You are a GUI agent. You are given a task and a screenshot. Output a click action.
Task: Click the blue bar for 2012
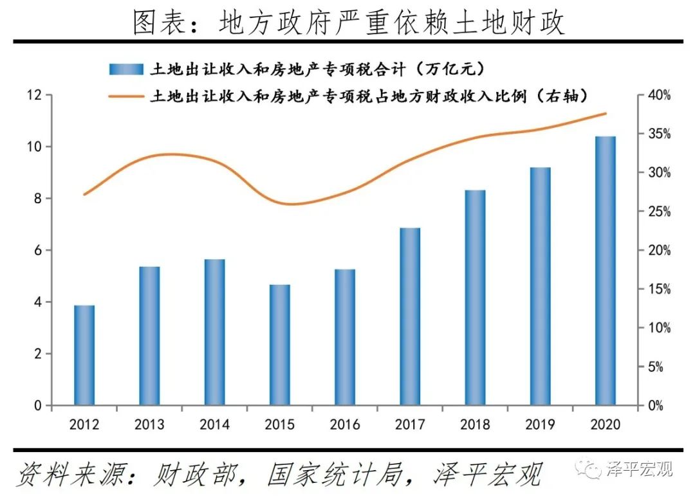coord(84,355)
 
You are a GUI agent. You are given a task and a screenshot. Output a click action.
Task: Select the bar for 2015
coord(280,345)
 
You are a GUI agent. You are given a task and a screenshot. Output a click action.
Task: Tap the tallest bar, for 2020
coord(606,270)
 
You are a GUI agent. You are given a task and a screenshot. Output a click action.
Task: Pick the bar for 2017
coord(410,316)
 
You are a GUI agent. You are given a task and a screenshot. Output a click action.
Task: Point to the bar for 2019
coord(541,286)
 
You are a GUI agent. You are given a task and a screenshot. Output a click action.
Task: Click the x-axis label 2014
coord(214,425)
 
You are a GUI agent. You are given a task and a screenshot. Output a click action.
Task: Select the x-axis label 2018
coord(476,425)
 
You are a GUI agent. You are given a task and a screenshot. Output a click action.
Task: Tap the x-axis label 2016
coord(345,425)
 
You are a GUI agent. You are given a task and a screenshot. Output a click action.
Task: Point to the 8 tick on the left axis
coord(38,199)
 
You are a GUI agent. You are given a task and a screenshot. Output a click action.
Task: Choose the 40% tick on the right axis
coord(658,95)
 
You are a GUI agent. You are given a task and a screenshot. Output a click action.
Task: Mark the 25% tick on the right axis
coord(658,212)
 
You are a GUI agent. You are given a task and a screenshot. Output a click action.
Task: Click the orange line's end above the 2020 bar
coord(606,114)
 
